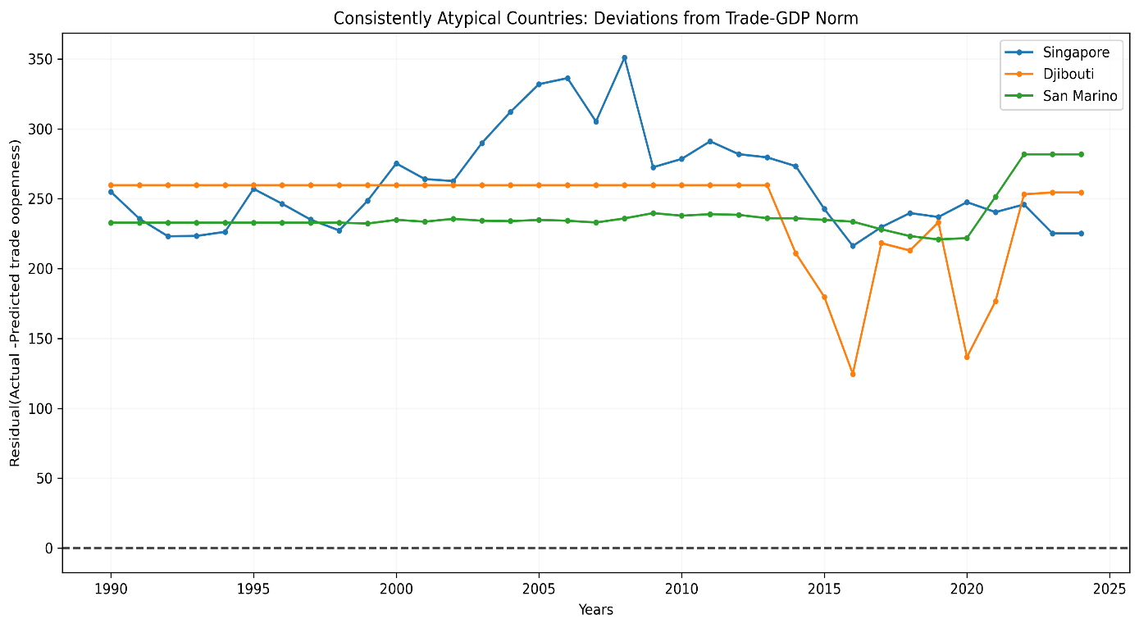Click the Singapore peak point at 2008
click(624, 57)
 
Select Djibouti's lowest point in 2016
click(853, 374)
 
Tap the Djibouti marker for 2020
click(967, 357)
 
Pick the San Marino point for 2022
click(1023, 154)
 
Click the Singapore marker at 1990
click(111, 192)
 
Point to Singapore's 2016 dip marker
click(853, 246)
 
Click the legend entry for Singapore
click(1076, 52)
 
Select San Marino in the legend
click(1079, 96)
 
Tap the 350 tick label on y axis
click(43, 60)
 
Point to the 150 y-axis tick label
click(43, 339)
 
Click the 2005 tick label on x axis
click(539, 588)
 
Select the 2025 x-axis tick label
click(1109, 588)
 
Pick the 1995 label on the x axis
click(253, 588)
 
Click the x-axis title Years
click(595, 610)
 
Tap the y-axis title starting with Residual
click(15, 303)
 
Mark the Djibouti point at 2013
click(767, 185)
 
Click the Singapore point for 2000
click(396, 163)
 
